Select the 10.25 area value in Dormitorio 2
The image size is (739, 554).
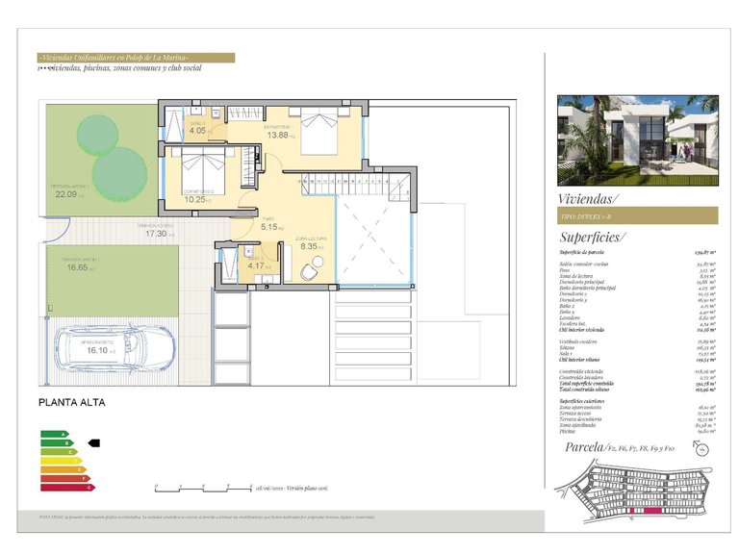[195, 199]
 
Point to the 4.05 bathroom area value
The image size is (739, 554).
[196, 131]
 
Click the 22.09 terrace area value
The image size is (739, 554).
[65, 194]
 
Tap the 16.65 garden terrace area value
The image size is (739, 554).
[77, 267]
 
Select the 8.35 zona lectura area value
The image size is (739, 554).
[309, 246]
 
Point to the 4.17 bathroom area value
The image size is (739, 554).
[254, 266]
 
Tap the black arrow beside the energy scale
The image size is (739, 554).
[93, 443]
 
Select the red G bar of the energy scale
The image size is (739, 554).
[66, 488]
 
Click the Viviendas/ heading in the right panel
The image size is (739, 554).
[588, 199]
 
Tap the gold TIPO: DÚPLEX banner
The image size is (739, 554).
[637, 216]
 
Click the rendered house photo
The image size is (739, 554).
[637, 139]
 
